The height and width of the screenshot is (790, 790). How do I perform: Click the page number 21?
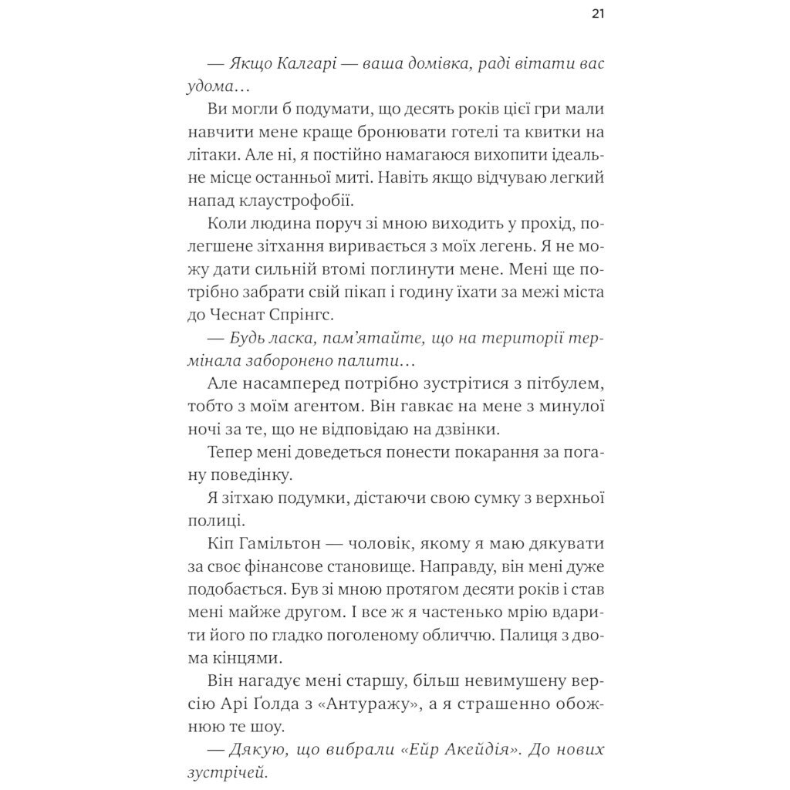tap(598, 15)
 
